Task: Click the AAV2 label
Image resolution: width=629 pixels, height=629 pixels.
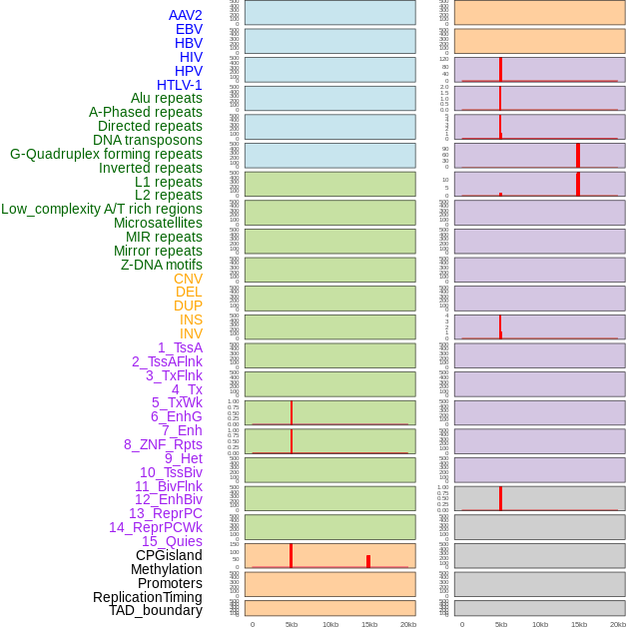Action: pyautogui.click(x=186, y=15)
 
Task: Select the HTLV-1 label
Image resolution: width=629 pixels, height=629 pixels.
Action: pyautogui.click(x=180, y=85)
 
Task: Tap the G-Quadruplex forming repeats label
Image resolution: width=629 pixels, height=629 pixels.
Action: pyautogui.click(x=106, y=154)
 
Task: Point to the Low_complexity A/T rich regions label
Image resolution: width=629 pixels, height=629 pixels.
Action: pyautogui.click(x=102, y=209)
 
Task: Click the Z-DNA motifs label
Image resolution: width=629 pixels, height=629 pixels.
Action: pyautogui.click(x=162, y=265)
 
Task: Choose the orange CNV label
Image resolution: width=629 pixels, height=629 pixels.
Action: pyautogui.click(x=188, y=279)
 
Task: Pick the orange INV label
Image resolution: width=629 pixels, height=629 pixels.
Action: pyautogui.click(x=191, y=333)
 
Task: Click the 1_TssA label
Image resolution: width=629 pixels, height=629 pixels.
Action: pyautogui.click(x=180, y=347)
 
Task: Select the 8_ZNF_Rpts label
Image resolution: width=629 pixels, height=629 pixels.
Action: pyautogui.click(x=163, y=444)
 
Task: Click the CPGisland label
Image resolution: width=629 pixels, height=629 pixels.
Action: pyautogui.click(x=169, y=555)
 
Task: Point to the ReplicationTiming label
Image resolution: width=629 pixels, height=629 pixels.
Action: pyautogui.click(x=148, y=597)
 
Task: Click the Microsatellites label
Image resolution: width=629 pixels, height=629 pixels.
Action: pyautogui.click(x=158, y=223)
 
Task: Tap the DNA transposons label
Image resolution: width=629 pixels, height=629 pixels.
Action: pyautogui.click(x=148, y=140)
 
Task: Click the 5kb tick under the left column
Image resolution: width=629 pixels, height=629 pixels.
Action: pyautogui.click(x=292, y=624)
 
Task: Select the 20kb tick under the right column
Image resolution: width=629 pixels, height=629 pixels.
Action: pyautogui.click(x=618, y=624)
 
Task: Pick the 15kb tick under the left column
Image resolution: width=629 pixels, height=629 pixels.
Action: pyautogui.click(x=369, y=624)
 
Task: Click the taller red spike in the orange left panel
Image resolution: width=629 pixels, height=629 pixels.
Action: pyautogui.click(x=291, y=555)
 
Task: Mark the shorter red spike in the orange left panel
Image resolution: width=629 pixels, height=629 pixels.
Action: pyautogui.click(x=368, y=561)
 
